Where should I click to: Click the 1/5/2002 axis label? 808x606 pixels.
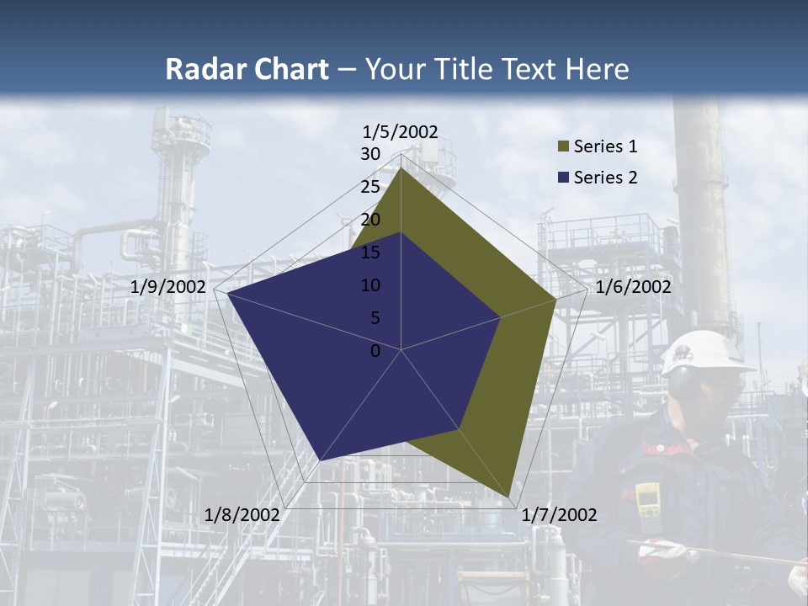[x=401, y=131]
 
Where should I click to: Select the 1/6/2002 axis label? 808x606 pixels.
[x=633, y=287]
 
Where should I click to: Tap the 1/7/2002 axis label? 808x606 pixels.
[x=559, y=514]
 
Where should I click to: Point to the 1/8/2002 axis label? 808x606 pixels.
[x=242, y=514]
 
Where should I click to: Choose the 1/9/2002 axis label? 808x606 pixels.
[x=168, y=287]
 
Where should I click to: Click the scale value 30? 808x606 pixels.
[x=370, y=154]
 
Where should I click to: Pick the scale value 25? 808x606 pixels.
[x=370, y=187]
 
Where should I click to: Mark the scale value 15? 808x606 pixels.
[x=370, y=252]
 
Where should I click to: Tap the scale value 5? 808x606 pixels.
[x=375, y=318]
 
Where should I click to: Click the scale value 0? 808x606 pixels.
[x=375, y=351]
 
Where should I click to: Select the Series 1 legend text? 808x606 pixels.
[x=605, y=146]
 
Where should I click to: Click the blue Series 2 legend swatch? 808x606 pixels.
[x=562, y=178]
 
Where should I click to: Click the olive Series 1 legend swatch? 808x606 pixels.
[x=562, y=147]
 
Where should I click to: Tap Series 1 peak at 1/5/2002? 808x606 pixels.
[x=401, y=168]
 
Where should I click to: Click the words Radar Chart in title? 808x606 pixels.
[x=247, y=69]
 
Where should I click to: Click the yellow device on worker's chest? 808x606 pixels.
[x=646, y=500]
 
